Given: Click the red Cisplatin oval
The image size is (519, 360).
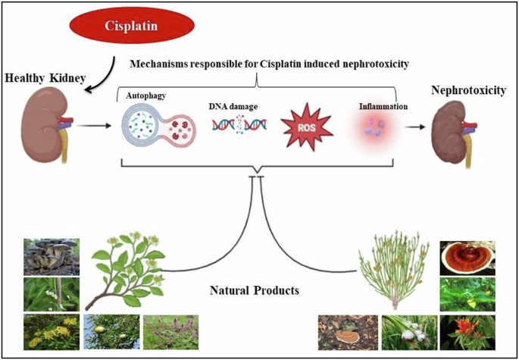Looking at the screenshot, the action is (132, 26).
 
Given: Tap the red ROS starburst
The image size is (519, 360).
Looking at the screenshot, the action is (307, 128).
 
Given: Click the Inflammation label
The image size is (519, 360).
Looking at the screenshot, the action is (383, 107).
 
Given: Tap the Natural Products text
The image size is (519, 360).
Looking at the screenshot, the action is (255, 291).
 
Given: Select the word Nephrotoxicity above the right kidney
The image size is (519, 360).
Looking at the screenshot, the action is (468, 90).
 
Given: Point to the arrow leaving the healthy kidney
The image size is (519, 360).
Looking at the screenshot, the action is (95, 126).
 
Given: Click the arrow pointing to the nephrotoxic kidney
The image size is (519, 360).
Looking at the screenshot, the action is (416, 127).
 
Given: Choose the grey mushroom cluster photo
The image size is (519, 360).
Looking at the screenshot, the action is (52, 257).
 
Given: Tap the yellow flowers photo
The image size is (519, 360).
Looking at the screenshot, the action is (52, 332).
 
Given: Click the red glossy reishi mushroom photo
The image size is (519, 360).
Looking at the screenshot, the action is (467, 258).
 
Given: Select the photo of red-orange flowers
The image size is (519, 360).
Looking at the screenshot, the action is (467, 333).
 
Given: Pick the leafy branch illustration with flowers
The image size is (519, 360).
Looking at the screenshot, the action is (126, 271).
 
